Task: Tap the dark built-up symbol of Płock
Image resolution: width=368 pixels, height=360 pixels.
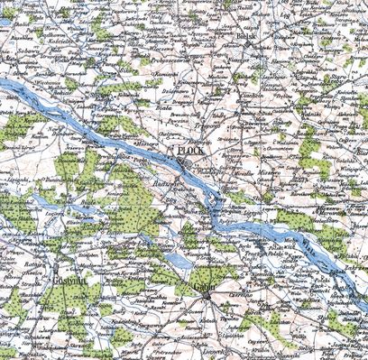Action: [x=182, y=162]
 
